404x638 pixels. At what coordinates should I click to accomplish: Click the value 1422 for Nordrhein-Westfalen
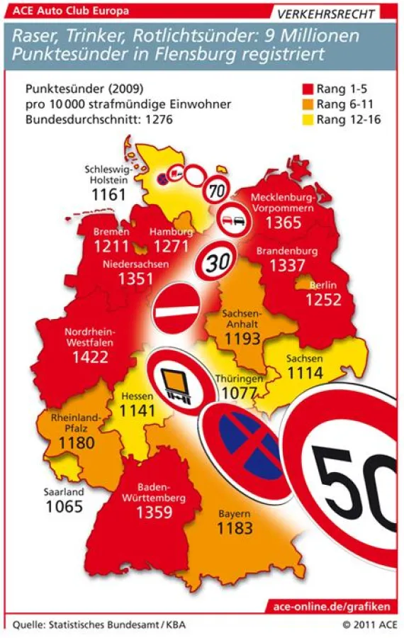90,357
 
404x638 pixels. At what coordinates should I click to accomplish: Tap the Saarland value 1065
64,506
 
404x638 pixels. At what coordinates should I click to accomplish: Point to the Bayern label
233,513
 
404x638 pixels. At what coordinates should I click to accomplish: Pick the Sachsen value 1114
305,373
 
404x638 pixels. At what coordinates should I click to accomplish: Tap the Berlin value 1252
323,300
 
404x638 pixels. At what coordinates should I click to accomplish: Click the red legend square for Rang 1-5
308,89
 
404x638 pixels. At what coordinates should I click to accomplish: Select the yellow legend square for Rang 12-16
308,119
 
